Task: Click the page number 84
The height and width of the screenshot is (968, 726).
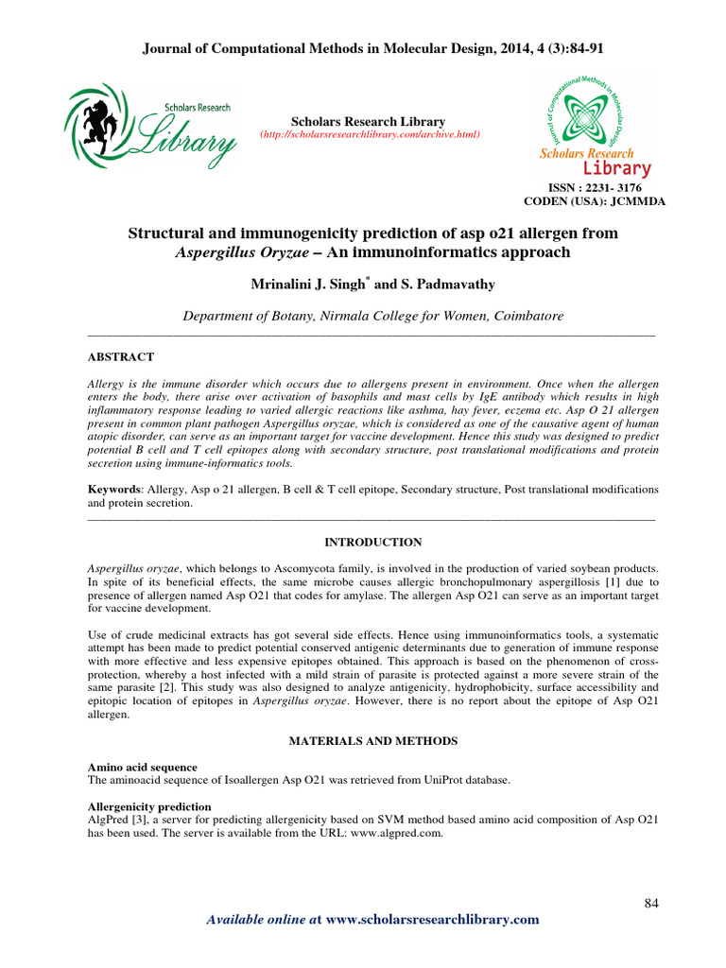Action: pyautogui.click(x=650, y=903)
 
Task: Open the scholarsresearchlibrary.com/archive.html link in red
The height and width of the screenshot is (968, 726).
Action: pyautogui.click(x=370, y=135)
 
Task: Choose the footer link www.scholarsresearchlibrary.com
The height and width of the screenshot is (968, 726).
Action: pyautogui.click(x=432, y=920)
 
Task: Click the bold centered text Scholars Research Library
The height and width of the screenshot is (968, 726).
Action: pyautogui.click(x=368, y=122)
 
